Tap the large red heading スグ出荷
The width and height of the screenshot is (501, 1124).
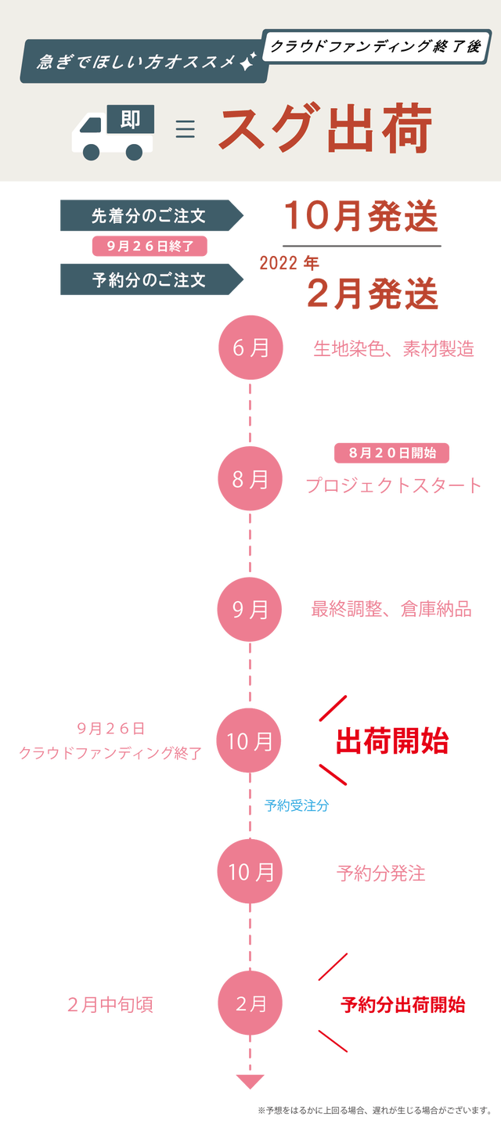pos(325,130)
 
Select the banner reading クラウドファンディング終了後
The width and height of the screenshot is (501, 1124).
pos(376,46)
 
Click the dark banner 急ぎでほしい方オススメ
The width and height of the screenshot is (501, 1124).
pos(146,62)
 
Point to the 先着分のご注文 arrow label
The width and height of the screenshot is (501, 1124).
pos(150,216)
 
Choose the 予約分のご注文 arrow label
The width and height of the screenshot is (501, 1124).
pos(150,279)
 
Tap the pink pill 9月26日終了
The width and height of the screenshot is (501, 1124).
pos(150,246)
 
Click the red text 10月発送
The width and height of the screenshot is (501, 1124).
pos(360,216)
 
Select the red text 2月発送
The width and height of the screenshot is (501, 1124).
pos(372,294)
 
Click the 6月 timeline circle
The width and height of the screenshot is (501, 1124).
pos(250,348)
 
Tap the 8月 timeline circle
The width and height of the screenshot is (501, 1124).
pos(250,480)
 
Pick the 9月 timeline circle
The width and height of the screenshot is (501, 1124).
pos(250,609)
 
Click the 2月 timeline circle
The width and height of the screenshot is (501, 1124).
pos(250,1004)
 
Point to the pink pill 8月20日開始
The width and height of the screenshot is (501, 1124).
pos(391,452)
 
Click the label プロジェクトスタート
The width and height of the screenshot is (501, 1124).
pos(393,486)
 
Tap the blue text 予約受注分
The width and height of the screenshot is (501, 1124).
pos(297,805)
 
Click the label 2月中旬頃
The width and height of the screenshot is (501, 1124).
pos(110,1005)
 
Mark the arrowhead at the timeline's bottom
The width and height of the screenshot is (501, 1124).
pos(250,1082)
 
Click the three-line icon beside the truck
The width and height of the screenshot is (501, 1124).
pos(185,128)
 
